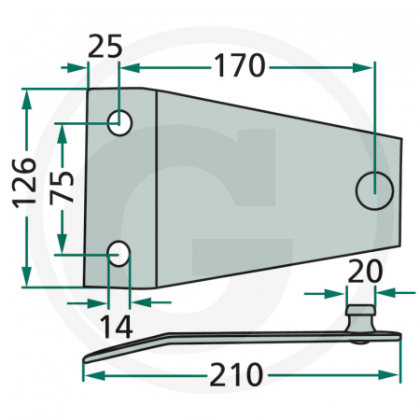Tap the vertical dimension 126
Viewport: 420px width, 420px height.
pyautogui.click(x=25, y=180)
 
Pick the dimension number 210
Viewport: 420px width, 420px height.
pyautogui.click(x=235, y=376)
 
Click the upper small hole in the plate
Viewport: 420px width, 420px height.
pyautogui.click(x=119, y=122)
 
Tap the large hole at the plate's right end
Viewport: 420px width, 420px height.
pyautogui.click(x=374, y=190)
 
